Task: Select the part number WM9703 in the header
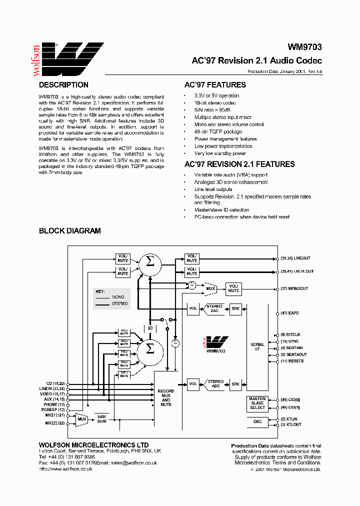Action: (x=304, y=47)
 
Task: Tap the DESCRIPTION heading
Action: (x=63, y=85)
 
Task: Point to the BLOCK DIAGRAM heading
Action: (x=70, y=231)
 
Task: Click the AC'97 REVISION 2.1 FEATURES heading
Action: (x=239, y=164)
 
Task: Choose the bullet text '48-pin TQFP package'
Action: (x=218, y=131)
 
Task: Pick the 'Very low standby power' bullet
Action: (x=220, y=153)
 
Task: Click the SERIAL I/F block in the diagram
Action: (x=257, y=347)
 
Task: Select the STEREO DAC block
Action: (x=214, y=308)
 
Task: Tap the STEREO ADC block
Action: (x=215, y=384)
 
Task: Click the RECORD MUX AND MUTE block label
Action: (x=166, y=397)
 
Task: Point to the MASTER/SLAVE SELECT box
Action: (x=257, y=404)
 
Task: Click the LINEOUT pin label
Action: (x=300, y=258)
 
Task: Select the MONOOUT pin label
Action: (x=299, y=288)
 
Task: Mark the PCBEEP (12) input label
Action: (x=53, y=409)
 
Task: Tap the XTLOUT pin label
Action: (x=294, y=424)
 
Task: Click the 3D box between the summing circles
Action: (x=150, y=328)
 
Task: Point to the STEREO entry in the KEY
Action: (x=119, y=303)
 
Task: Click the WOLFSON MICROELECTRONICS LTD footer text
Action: (x=93, y=445)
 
